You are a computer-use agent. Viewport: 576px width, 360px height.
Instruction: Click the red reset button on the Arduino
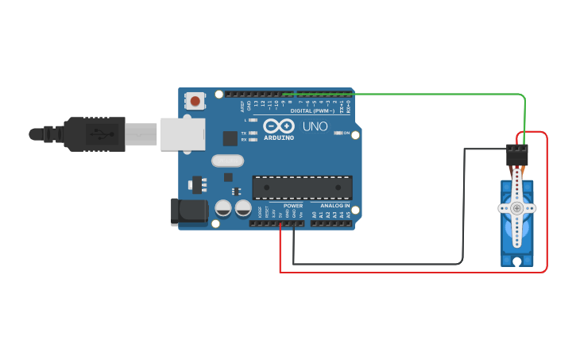195,100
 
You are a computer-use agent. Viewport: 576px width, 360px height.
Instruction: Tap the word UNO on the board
315,126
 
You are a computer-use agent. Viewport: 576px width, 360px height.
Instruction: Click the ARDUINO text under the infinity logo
279,137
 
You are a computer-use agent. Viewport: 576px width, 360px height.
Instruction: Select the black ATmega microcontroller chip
302,187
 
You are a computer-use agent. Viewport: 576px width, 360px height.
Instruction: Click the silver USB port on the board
183,134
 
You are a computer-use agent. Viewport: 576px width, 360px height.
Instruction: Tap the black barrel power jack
189,212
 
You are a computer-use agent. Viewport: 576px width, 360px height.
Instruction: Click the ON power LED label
346,133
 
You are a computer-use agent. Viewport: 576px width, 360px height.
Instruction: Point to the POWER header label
293,206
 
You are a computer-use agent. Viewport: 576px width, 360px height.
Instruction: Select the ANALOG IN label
335,206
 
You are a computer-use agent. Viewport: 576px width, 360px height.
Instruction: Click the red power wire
413,272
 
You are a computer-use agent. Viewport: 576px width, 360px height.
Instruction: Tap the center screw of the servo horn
517,208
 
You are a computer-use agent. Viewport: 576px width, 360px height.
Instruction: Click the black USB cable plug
95,134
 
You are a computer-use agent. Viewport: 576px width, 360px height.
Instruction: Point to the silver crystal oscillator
226,161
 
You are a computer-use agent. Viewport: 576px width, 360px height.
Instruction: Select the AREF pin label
242,105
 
